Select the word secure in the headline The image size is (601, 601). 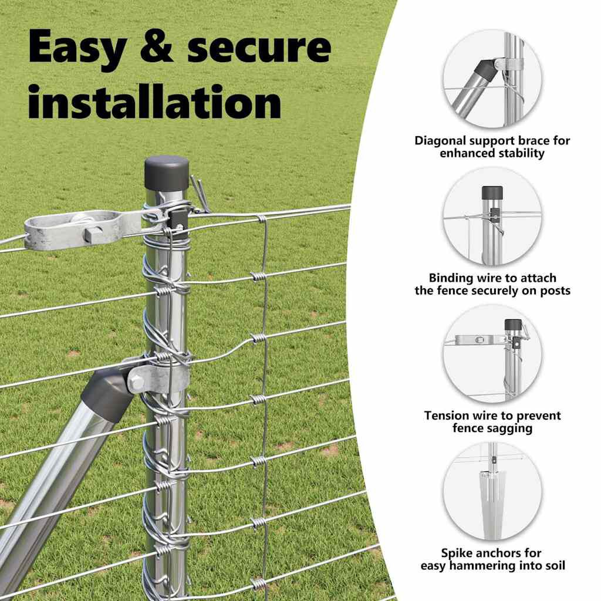(x=259, y=48)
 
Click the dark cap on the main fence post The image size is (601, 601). (x=167, y=172)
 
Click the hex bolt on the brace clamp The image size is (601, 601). (x=136, y=381)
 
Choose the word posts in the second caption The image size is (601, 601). (x=555, y=291)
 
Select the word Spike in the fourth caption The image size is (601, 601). (x=455, y=553)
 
